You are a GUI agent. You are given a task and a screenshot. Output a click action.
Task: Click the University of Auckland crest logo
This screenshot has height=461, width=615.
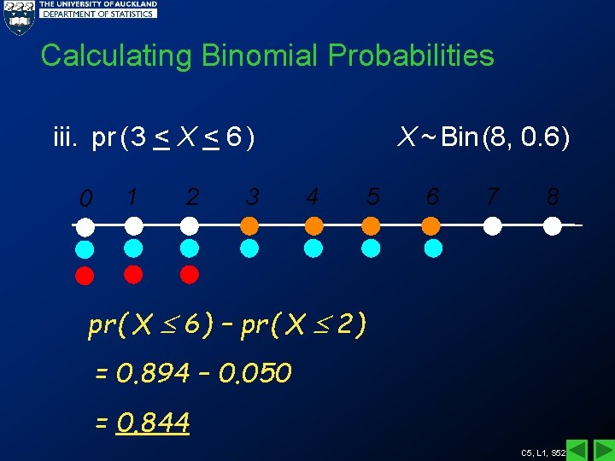pos(18,16)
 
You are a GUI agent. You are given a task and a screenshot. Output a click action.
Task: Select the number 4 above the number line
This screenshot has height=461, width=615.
pos(313,197)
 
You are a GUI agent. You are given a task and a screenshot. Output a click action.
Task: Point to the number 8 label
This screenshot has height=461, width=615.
pos(553,197)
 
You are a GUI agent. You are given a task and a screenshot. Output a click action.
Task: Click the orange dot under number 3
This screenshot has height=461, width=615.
pos(249,225)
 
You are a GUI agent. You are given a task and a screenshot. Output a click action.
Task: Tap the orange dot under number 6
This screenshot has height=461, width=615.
pos(432,225)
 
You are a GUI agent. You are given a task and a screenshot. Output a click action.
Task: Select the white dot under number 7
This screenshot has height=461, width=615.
pos(493,225)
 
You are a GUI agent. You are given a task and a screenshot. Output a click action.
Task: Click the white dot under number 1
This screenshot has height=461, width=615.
pos(133,225)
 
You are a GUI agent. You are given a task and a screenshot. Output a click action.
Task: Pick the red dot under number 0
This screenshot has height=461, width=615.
pos(85,275)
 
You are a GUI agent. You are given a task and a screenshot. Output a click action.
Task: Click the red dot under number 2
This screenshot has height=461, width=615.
pos(190,274)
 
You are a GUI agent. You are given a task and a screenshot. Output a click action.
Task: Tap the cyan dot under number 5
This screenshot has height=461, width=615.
pos(371,248)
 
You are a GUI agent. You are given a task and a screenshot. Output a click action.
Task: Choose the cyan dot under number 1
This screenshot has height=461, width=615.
pos(133,248)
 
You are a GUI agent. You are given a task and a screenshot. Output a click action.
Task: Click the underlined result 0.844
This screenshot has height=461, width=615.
pos(154,422)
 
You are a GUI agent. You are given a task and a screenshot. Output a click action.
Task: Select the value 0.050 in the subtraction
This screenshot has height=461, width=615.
pos(255,373)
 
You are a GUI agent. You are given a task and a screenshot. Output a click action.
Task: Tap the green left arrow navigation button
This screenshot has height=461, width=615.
pos(577,450)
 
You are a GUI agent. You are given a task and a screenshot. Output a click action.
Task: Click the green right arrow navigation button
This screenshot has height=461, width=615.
pos(603,450)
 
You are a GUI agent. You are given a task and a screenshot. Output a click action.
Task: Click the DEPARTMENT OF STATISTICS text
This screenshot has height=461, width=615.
pos(99,14)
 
